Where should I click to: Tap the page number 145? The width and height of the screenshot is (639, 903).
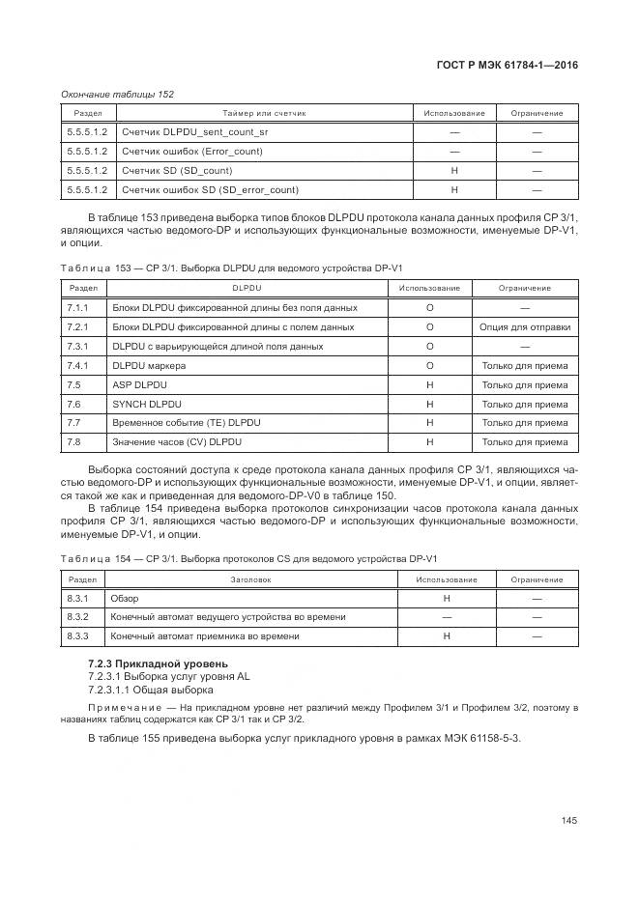pyautogui.click(x=568, y=821)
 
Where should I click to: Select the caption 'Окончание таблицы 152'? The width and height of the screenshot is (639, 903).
pyautogui.click(x=117, y=94)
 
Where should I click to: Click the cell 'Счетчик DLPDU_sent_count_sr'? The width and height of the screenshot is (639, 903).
pyautogui.click(x=189, y=131)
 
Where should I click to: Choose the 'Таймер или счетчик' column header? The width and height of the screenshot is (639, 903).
pyautogui.click(x=264, y=113)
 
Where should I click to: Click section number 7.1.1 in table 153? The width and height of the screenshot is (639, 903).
pyautogui.click(x=78, y=307)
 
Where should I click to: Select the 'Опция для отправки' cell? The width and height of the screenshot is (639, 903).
pyautogui.click(x=525, y=326)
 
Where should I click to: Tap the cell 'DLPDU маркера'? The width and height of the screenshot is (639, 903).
pyautogui.click(x=149, y=365)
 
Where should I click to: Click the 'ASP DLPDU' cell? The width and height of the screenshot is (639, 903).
pyautogui.click(x=140, y=384)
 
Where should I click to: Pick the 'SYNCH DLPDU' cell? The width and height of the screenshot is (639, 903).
pyautogui.click(x=147, y=404)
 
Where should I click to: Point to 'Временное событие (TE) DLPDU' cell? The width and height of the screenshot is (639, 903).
pyautogui.click(x=187, y=423)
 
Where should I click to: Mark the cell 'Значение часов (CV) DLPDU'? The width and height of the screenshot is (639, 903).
pyautogui.click(x=177, y=442)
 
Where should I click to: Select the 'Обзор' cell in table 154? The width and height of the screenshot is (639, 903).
pyautogui.click(x=126, y=599)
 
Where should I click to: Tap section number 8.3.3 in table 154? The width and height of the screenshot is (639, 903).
pyautogui.click(x=78, y=636)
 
